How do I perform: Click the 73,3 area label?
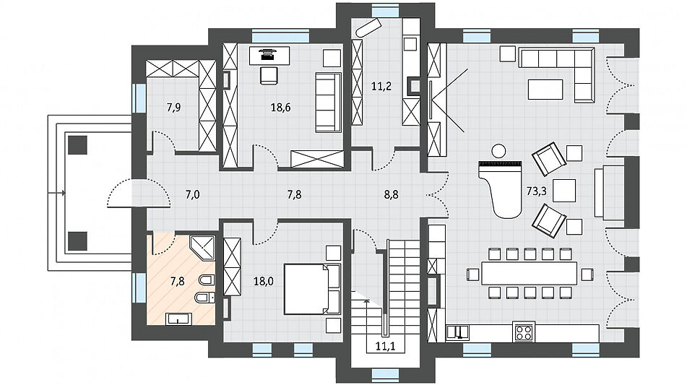(x=536, y=191)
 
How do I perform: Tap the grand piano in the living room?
(x=501, y=189)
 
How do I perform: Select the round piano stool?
(x=498, y=151)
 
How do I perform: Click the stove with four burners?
(x=524, y=332)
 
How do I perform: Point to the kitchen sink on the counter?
(x=458, y=333)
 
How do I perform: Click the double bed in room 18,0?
(x=312, y=289)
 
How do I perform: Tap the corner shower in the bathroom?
(x=203, y=248)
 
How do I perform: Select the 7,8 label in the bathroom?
(x=178, y=281)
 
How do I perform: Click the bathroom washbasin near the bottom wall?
(x=178, y=319)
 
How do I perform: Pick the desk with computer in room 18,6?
(x=269, y=55)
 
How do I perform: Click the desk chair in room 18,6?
(x=269, y=75)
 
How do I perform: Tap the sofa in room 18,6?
(x=328, y=103)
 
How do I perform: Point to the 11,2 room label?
(x=381, y=86)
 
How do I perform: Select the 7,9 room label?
(x=174, y=108)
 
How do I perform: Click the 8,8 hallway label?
(x=392, y=194)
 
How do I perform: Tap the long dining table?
(x=530, y=273)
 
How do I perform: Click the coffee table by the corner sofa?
(x=545, y=90)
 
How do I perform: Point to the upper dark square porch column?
(x=78, y=144)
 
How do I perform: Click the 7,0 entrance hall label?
(x=192, y=194)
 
